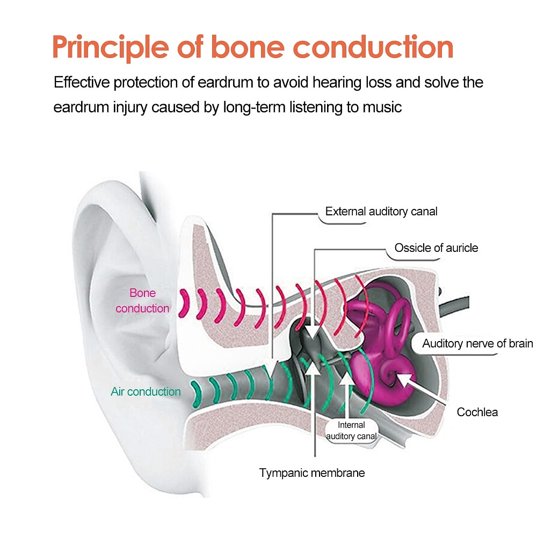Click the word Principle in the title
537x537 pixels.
pyautogui.click(x=111, y=48)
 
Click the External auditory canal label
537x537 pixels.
pyautogui.click(x=381, y=211)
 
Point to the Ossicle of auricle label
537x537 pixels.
pyautogui.click(x=436, y=248)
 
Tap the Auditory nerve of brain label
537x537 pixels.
pyautogui.click(x=477, y=343)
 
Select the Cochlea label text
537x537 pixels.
pyautogui.click(x=477, y=412)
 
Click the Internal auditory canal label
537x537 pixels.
pyautogui.click(x=351, y=431)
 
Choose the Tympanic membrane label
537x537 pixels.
pyautogui.click(x=312, y=473)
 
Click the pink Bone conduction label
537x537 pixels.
pyautogui.click(x=142, y=301)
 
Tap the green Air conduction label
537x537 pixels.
pyautogui.click(x=146, y=391)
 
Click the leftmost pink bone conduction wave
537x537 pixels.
pyautogui.click(x=185, y=302)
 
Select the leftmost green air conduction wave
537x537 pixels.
pyautogui.click(x=195, y=394)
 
